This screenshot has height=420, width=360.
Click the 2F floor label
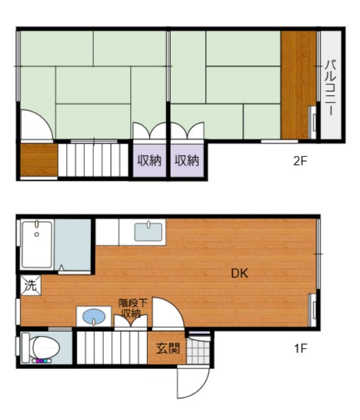click(x=300, y=160)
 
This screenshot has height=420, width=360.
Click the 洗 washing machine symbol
click(x=30, y=286)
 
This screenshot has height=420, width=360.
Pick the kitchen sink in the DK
click(x=149, y=231)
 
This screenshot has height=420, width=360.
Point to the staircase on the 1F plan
click(x=112, y=349)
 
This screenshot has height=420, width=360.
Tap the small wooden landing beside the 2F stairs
click(x=38, y=159)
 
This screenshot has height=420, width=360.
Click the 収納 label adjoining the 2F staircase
click(x=149, y=160)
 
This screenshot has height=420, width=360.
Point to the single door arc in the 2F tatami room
click(x=34, y=125)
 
